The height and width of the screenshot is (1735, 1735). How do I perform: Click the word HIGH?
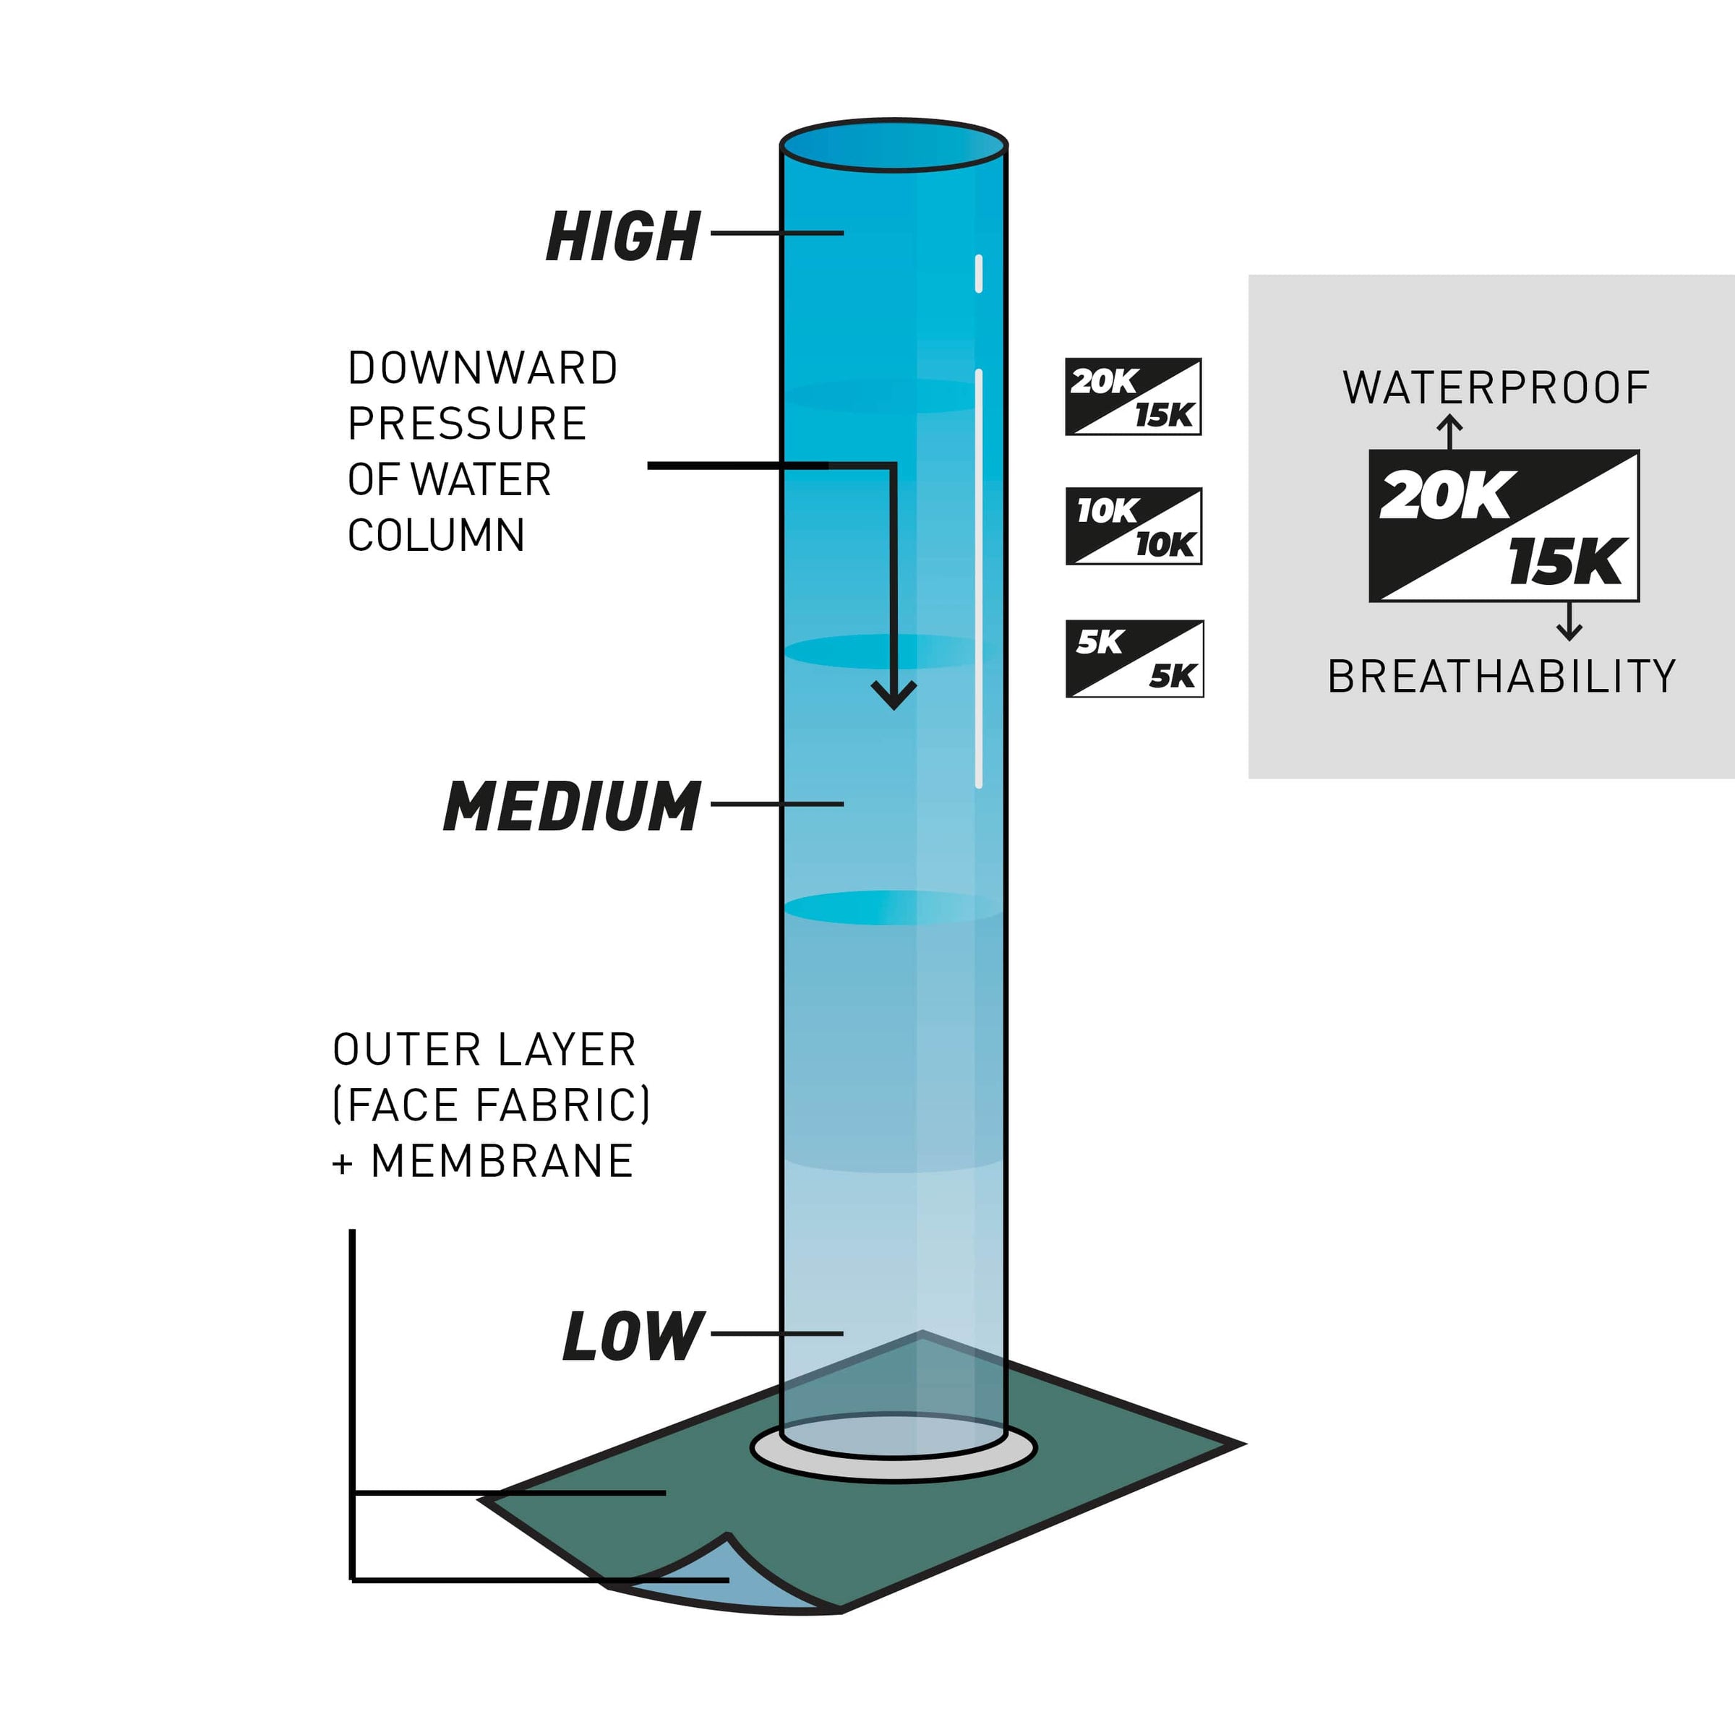click(x=623, y=236)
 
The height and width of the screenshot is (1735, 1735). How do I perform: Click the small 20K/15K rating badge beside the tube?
click(x=1134, y=397)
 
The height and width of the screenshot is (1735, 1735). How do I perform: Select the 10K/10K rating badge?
click(x=1134, y=526)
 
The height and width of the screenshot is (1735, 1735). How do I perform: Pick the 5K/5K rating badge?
click(x=1134, y=659)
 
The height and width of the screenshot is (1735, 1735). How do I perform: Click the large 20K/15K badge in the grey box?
click(x=1504, y=526)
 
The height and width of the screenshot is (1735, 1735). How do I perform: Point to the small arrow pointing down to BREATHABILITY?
click(x=1569, y=622)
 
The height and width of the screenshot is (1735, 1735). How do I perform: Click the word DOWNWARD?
click(x=483, y=368)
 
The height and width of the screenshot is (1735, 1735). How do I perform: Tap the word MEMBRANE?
click(x=502, y=1161)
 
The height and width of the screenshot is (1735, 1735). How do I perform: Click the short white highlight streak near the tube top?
click(x=978, y=273)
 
